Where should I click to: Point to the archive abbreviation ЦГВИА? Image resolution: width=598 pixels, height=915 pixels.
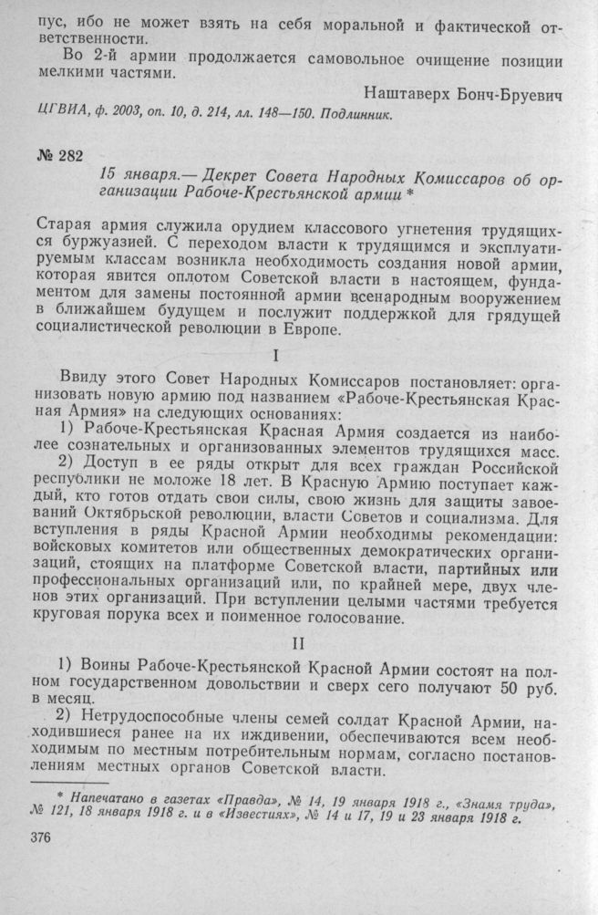pyautogui.click(x=58, y=115)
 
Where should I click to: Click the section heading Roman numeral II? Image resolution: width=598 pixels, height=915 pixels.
pyautogui.click(x=300, y=645)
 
